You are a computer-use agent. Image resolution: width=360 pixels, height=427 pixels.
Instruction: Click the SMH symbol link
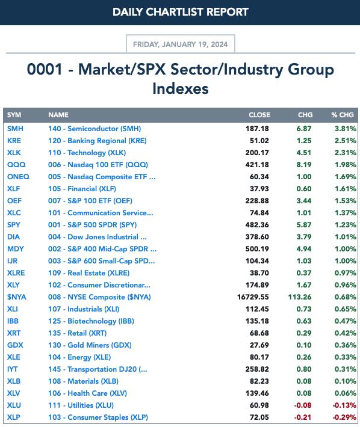click(x=15, y=129)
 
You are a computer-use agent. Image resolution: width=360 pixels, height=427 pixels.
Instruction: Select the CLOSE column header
click(x=259, y=115)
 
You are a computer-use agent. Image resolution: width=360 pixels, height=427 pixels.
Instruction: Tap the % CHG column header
click(x=343, y=115)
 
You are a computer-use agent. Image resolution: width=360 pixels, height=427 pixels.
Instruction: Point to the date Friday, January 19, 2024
click(x=180, y=45)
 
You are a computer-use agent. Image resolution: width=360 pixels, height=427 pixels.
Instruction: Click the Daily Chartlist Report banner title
click(x=181, y=12)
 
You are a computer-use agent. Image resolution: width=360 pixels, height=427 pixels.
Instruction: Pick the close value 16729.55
click(x=253, y=297)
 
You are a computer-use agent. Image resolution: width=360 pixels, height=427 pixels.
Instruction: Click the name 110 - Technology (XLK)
click(x=87, y=153)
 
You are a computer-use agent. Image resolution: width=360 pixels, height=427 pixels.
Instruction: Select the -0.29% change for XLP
click(x=344, y=417)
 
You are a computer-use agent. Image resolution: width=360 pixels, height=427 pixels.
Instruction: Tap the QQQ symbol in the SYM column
click(x=16, y=165)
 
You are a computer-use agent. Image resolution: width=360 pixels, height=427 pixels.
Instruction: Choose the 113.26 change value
click(x=300, y=297)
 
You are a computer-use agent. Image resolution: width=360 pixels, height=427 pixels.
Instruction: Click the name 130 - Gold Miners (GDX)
click(x=90, y=345)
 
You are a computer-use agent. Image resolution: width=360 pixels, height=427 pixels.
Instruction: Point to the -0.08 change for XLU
click(x=303, y=405)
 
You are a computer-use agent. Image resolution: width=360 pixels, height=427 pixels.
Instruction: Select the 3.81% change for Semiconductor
click(x=346, y=129)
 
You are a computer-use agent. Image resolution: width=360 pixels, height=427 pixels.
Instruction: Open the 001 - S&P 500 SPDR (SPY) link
click(x=92, y=225)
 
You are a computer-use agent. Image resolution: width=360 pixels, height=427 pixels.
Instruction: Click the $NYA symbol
click(x=17, y=297)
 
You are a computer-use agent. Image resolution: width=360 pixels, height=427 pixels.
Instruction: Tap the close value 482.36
click(x=257, y=225)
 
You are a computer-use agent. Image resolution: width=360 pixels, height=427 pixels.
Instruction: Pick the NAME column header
click(x=58, y=115)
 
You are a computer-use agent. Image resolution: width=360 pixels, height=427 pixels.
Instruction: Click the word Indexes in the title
click(x=181, y=89)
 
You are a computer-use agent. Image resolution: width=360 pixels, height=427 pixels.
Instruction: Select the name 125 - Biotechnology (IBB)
click(x=91, y=321)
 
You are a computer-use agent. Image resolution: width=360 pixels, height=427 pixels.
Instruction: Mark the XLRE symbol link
click(x=16, y=273)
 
